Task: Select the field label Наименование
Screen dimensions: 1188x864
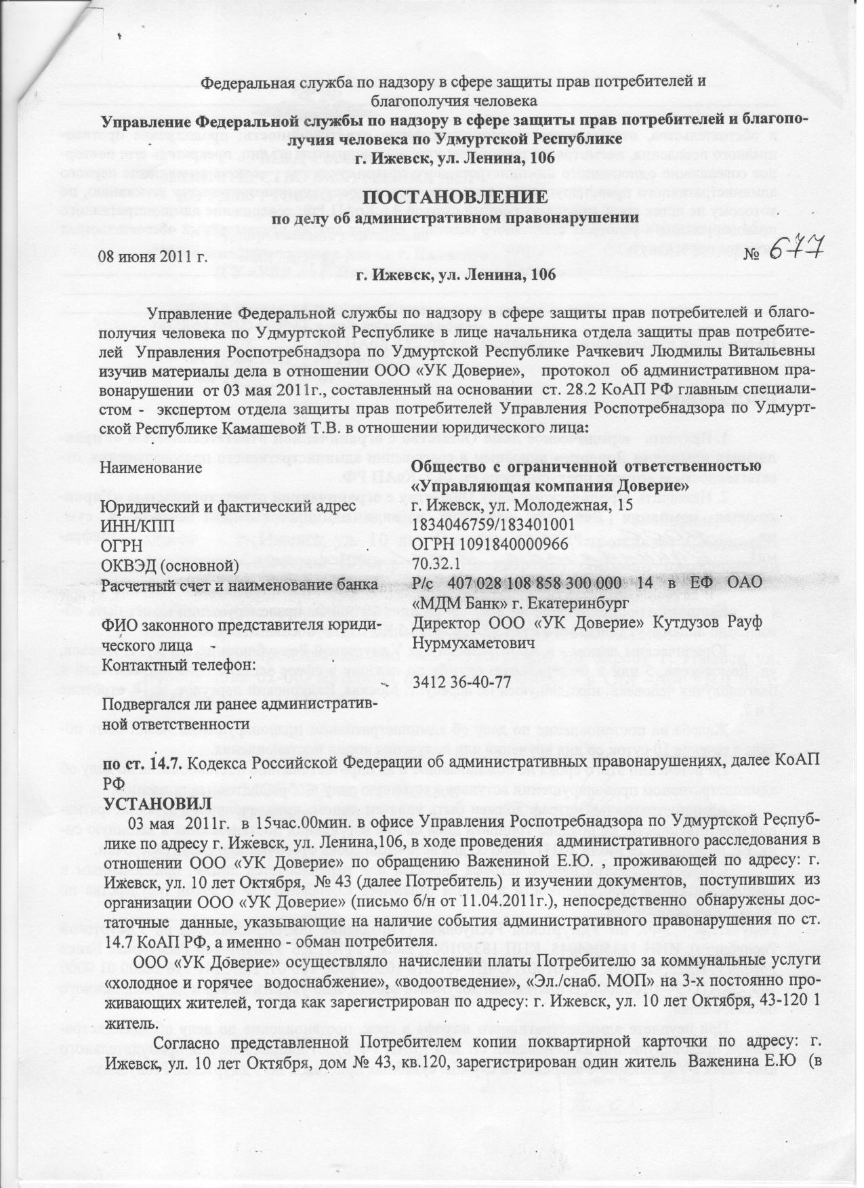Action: tap(151, 468)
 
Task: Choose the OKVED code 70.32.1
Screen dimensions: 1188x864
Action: tap(435, 565)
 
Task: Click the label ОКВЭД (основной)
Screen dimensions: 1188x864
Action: tap(169, 565)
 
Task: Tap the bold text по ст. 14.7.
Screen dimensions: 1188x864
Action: tap(142, 764)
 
